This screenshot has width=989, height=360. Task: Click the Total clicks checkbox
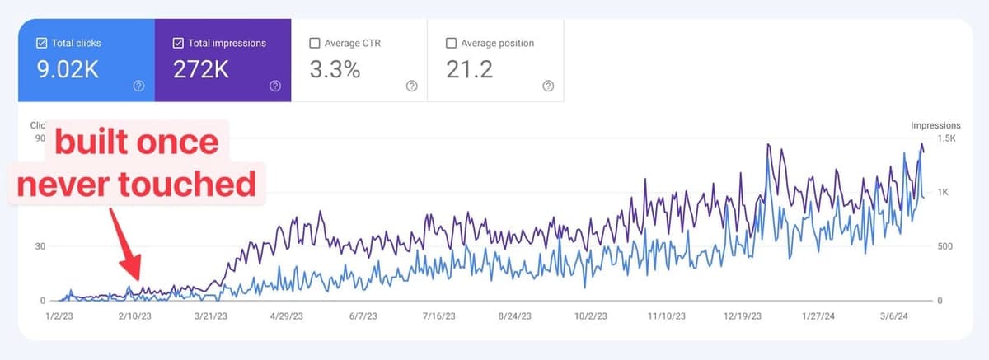tap(41, 43)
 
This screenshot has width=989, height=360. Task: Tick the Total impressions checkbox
tap(178, 43)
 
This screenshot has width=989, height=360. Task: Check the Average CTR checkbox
tap(314, 43)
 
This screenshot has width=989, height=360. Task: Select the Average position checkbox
tap(451, 43)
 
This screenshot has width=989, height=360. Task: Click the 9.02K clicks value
tap(68, 70)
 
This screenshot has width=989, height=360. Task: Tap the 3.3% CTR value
tap(335, 70)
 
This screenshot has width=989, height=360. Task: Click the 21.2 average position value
tap(469, 70)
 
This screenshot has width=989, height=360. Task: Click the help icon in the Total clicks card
tap(138, 86)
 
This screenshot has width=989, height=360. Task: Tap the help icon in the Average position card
tap(548, 86)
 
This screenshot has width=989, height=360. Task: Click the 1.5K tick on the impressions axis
tap(946, 138)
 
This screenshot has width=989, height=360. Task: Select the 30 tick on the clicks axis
tap(39, 246)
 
